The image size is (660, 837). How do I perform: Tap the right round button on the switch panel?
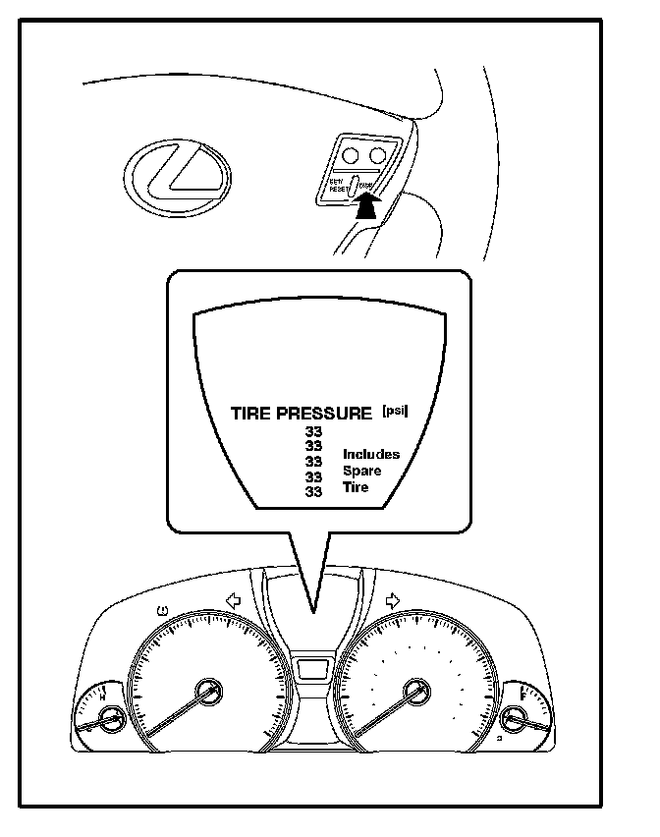point(377,154)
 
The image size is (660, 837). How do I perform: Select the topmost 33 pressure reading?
point(314,431)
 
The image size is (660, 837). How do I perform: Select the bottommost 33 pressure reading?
point(314,491)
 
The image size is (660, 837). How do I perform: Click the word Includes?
point(370,454)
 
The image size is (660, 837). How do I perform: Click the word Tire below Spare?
point(356,487)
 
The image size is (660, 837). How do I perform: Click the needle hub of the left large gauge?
point(208,692)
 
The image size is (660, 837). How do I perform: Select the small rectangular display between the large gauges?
point(313,670)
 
